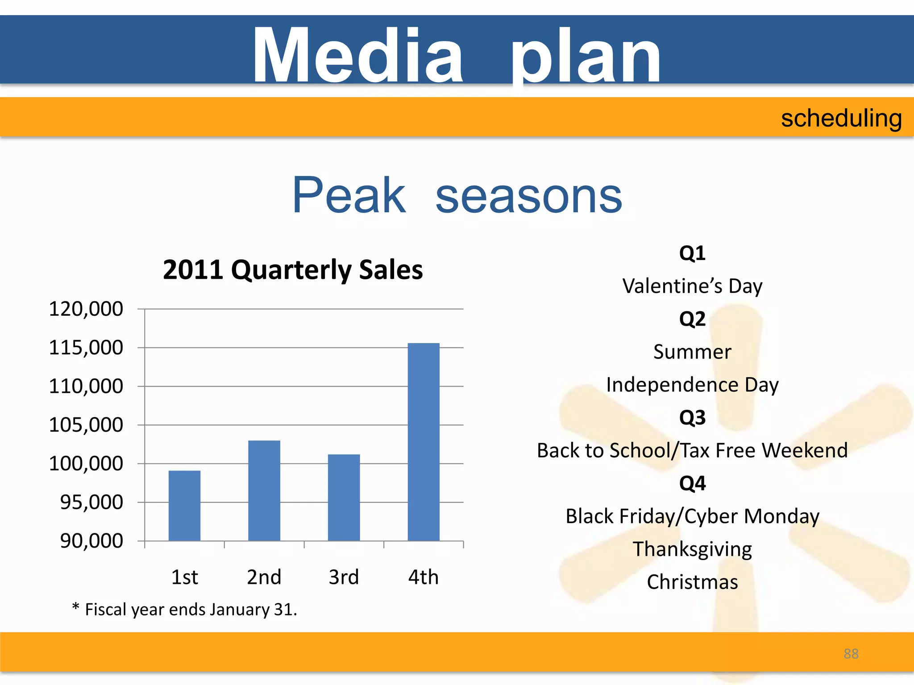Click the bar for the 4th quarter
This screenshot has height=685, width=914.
[x=424, y=442]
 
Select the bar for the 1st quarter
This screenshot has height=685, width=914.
[x=184, y=505]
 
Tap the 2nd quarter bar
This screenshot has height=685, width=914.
[x=264, y=491]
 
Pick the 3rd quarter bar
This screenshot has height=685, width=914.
[x=344, y=497]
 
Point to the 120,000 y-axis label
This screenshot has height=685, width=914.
[x=86, y=309]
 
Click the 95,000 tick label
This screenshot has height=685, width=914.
[x=91, y=502]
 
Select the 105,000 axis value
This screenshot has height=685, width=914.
[x=86, y=425]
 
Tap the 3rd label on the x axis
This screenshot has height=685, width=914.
[x=344, y=577]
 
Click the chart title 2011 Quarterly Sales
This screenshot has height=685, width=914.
[x=293, y=270]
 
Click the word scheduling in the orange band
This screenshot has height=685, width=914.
[x=841, y=119]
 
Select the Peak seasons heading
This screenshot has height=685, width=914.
[x=457, y=195]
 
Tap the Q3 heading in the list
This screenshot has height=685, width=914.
[x=692, y=417]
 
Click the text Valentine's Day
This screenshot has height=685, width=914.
[x=692, y=286]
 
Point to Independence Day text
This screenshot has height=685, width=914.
[x=692, y=384]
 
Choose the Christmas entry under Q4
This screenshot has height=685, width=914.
[x=692, y=582]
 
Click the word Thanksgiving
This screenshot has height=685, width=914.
[x=692, y=549]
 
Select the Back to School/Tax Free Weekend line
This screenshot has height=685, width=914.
[x=692, y=450]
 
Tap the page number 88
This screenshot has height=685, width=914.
[x=851, y=654]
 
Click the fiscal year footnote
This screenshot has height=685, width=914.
[x=184, y=610]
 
